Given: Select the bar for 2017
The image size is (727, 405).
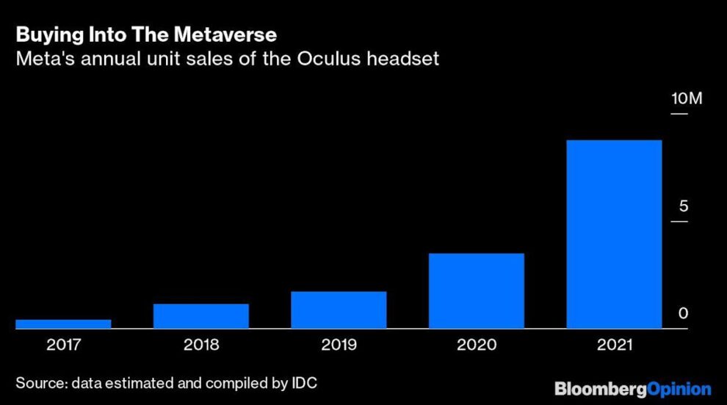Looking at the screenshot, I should click(x=63, y=324).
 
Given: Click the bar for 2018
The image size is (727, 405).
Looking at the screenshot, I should click(x=201, y=315).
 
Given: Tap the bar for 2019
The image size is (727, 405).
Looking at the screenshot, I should click(x=339, y=310).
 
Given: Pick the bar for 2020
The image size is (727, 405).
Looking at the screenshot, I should click(x=477, y=291).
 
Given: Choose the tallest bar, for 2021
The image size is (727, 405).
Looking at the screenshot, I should click(x=614, y=234).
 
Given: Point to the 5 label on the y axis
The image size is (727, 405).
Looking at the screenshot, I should click(x=684, y=206).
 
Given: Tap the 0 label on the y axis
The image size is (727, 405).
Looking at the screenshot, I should click(x=683, y=313).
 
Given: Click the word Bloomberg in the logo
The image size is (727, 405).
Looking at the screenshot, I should click(x=600, y=389).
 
